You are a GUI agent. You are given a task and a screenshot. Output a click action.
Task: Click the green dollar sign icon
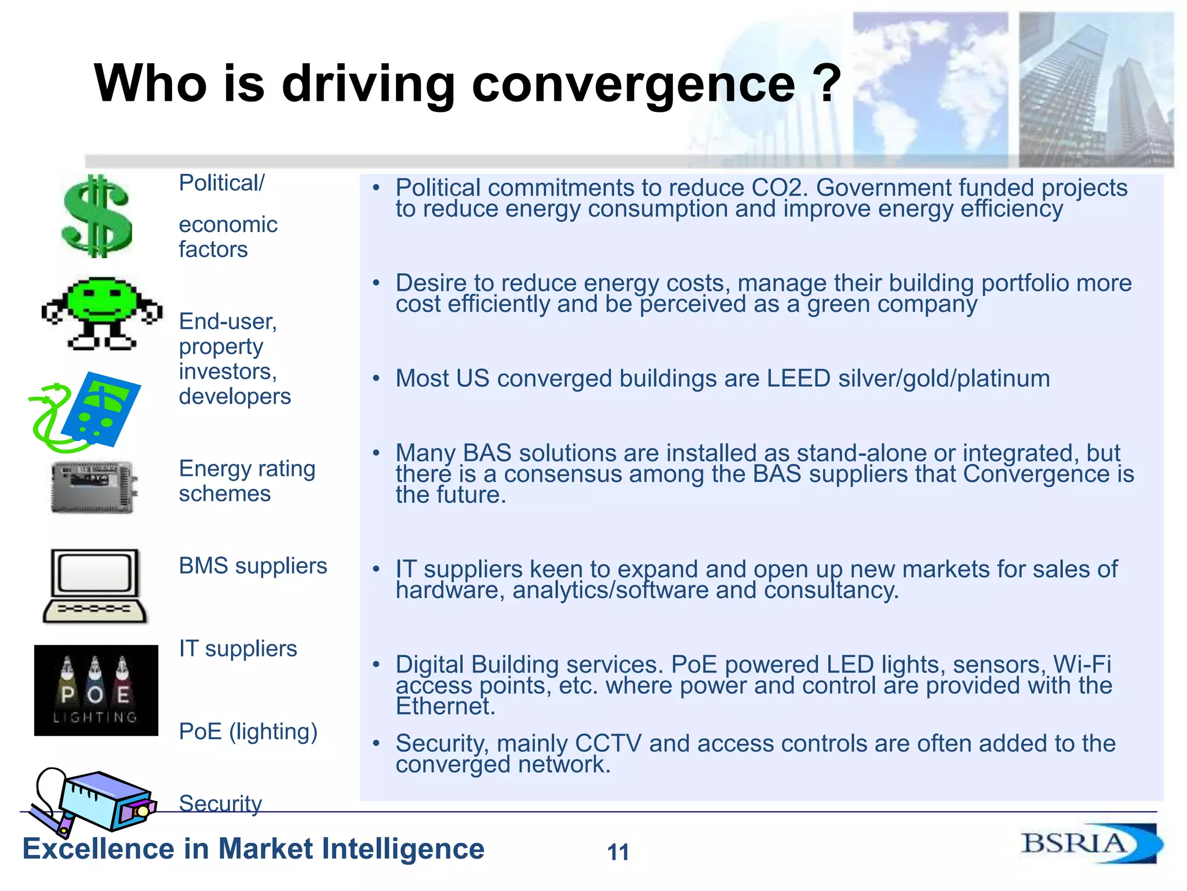pos(96,216)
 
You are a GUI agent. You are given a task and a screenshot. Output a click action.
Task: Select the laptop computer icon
pos(95,586)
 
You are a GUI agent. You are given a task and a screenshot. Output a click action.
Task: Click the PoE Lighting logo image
pos(96,690)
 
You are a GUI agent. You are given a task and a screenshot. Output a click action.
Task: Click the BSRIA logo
pos(1090,843)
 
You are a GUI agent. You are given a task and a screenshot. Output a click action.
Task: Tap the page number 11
pos(618,852)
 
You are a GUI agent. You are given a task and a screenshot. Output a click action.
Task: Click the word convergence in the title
pos(633,84)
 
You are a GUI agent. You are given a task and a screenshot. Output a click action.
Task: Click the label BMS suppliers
pos(253,566)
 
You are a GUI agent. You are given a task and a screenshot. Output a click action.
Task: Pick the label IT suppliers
pos(238,649)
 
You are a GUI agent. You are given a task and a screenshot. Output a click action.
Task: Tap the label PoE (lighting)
pos(248,731)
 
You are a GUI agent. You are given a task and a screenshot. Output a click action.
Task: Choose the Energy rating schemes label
pos(247,481)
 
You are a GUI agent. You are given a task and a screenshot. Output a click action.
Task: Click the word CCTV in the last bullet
pos(608,744)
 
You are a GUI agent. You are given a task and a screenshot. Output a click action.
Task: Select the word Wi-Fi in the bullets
pos(1082,665)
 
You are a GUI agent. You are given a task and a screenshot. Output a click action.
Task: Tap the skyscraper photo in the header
pos(1095,90)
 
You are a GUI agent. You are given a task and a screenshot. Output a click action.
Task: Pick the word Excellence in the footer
pos(98,849)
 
